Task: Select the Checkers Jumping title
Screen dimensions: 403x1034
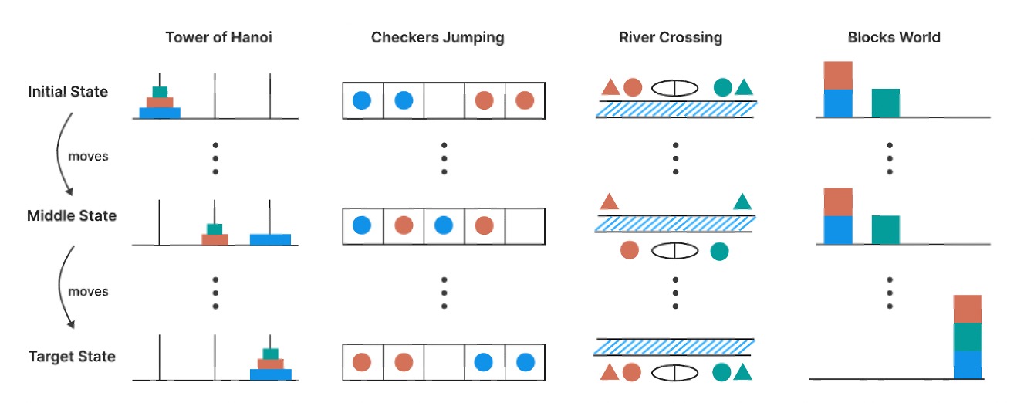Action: [x=438, y=38]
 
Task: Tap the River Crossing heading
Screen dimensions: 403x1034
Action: [x=670, y=38]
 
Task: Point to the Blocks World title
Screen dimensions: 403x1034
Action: [x=894, y=38]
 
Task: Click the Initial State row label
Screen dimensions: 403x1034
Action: [x=68, y=92]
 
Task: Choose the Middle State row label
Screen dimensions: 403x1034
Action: [x=71, y=215]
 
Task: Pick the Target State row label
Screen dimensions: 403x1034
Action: [x=72, y=357]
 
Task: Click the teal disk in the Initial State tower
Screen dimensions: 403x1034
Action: [x=160, y=92]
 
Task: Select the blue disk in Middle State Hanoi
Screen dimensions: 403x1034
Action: [x=270, y=239]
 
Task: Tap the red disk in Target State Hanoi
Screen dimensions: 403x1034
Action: [x=270, y=364]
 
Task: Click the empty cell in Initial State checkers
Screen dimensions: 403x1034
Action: [x=444, y=100]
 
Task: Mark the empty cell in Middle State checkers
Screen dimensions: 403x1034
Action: [x=525, y=225]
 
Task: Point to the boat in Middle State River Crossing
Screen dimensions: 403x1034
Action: [x=675, y=251]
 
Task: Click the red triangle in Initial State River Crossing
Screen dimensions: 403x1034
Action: [x=609, y=87]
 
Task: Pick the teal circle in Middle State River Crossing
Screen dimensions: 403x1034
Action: [x=719, y=251]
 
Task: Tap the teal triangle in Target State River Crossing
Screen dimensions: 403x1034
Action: [x=743, y=372]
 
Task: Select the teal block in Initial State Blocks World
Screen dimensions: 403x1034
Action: [x=886, y=103]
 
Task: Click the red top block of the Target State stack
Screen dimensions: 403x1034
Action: [x=968, y=309]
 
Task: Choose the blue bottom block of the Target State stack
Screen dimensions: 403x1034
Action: [x=968, y=364]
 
